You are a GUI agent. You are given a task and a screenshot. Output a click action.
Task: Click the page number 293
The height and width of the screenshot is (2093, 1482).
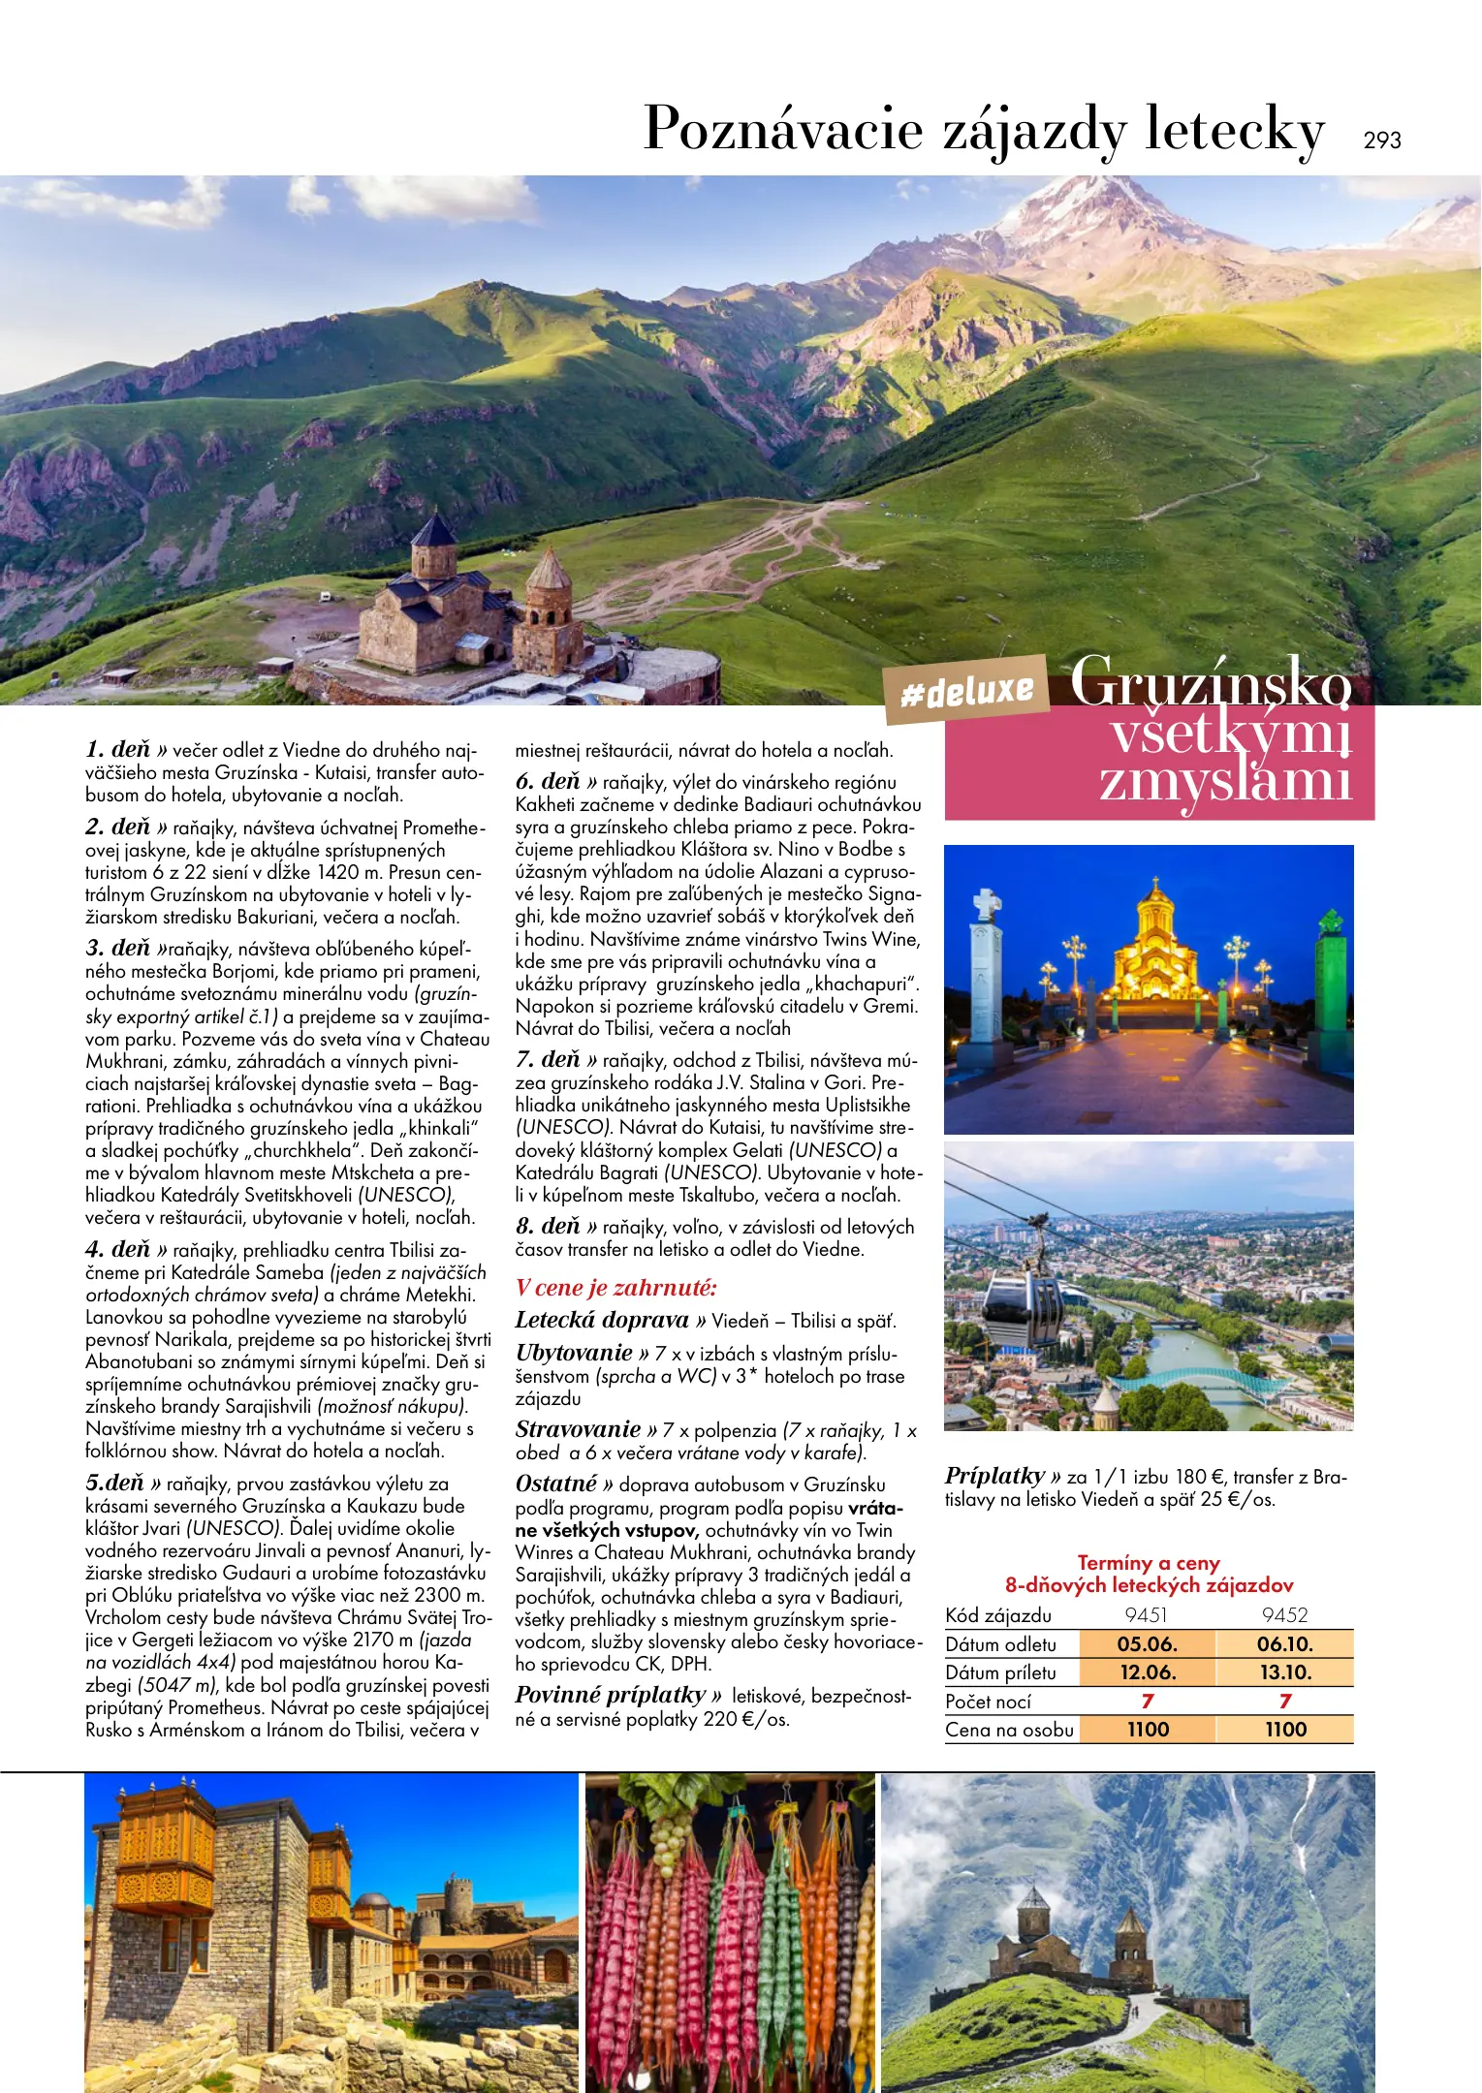click(x=1381, y=141)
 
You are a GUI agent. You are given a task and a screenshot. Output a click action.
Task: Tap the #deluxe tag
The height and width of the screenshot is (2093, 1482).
click(x=966, y=691)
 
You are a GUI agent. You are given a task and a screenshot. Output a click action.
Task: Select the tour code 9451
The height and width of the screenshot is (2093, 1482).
click(x=1146, y=1615)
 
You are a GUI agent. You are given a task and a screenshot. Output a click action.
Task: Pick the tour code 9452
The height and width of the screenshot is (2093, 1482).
click(x=1284, y=1615)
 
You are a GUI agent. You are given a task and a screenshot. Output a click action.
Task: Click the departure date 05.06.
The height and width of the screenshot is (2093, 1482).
click(x=1147, y=1644)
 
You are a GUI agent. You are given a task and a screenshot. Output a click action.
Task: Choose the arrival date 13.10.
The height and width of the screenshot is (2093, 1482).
click(x=1284, y=1672)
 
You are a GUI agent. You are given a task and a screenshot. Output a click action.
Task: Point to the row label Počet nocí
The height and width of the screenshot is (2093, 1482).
click(x=988, y=1702)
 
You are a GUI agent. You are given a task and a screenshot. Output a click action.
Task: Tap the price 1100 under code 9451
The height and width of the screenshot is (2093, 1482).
click(x=1148, y=1730)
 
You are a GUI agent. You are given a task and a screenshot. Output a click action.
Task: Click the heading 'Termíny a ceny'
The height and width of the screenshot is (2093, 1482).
click(x=1149, y=1563)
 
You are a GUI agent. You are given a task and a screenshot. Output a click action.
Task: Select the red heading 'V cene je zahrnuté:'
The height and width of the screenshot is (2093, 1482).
click(x=615, y=1288)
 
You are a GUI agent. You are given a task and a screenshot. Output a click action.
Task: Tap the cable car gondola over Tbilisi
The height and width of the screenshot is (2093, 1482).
click(x=1023, y=1308)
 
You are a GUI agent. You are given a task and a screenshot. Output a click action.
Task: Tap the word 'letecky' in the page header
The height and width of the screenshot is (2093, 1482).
click(x=1234, y=131)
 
